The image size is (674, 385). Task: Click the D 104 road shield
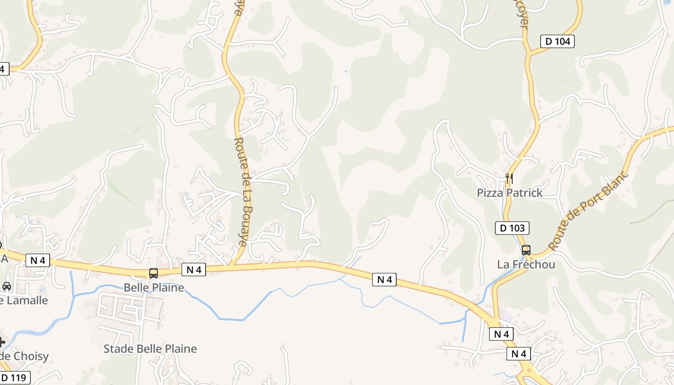557,41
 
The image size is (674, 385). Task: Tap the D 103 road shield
512,228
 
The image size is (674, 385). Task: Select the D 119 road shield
14,378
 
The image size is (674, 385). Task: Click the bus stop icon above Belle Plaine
154,273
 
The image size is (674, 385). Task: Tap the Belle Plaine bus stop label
154,288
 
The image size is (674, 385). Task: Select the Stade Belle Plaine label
150,349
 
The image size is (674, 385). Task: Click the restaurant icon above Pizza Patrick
509,179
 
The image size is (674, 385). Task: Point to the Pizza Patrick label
509,193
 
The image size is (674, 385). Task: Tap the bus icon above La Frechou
526,250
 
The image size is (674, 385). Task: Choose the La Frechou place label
526,265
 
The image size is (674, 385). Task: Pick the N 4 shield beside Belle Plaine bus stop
194,270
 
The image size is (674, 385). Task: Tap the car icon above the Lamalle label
6,286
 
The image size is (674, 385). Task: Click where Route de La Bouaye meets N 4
232,265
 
